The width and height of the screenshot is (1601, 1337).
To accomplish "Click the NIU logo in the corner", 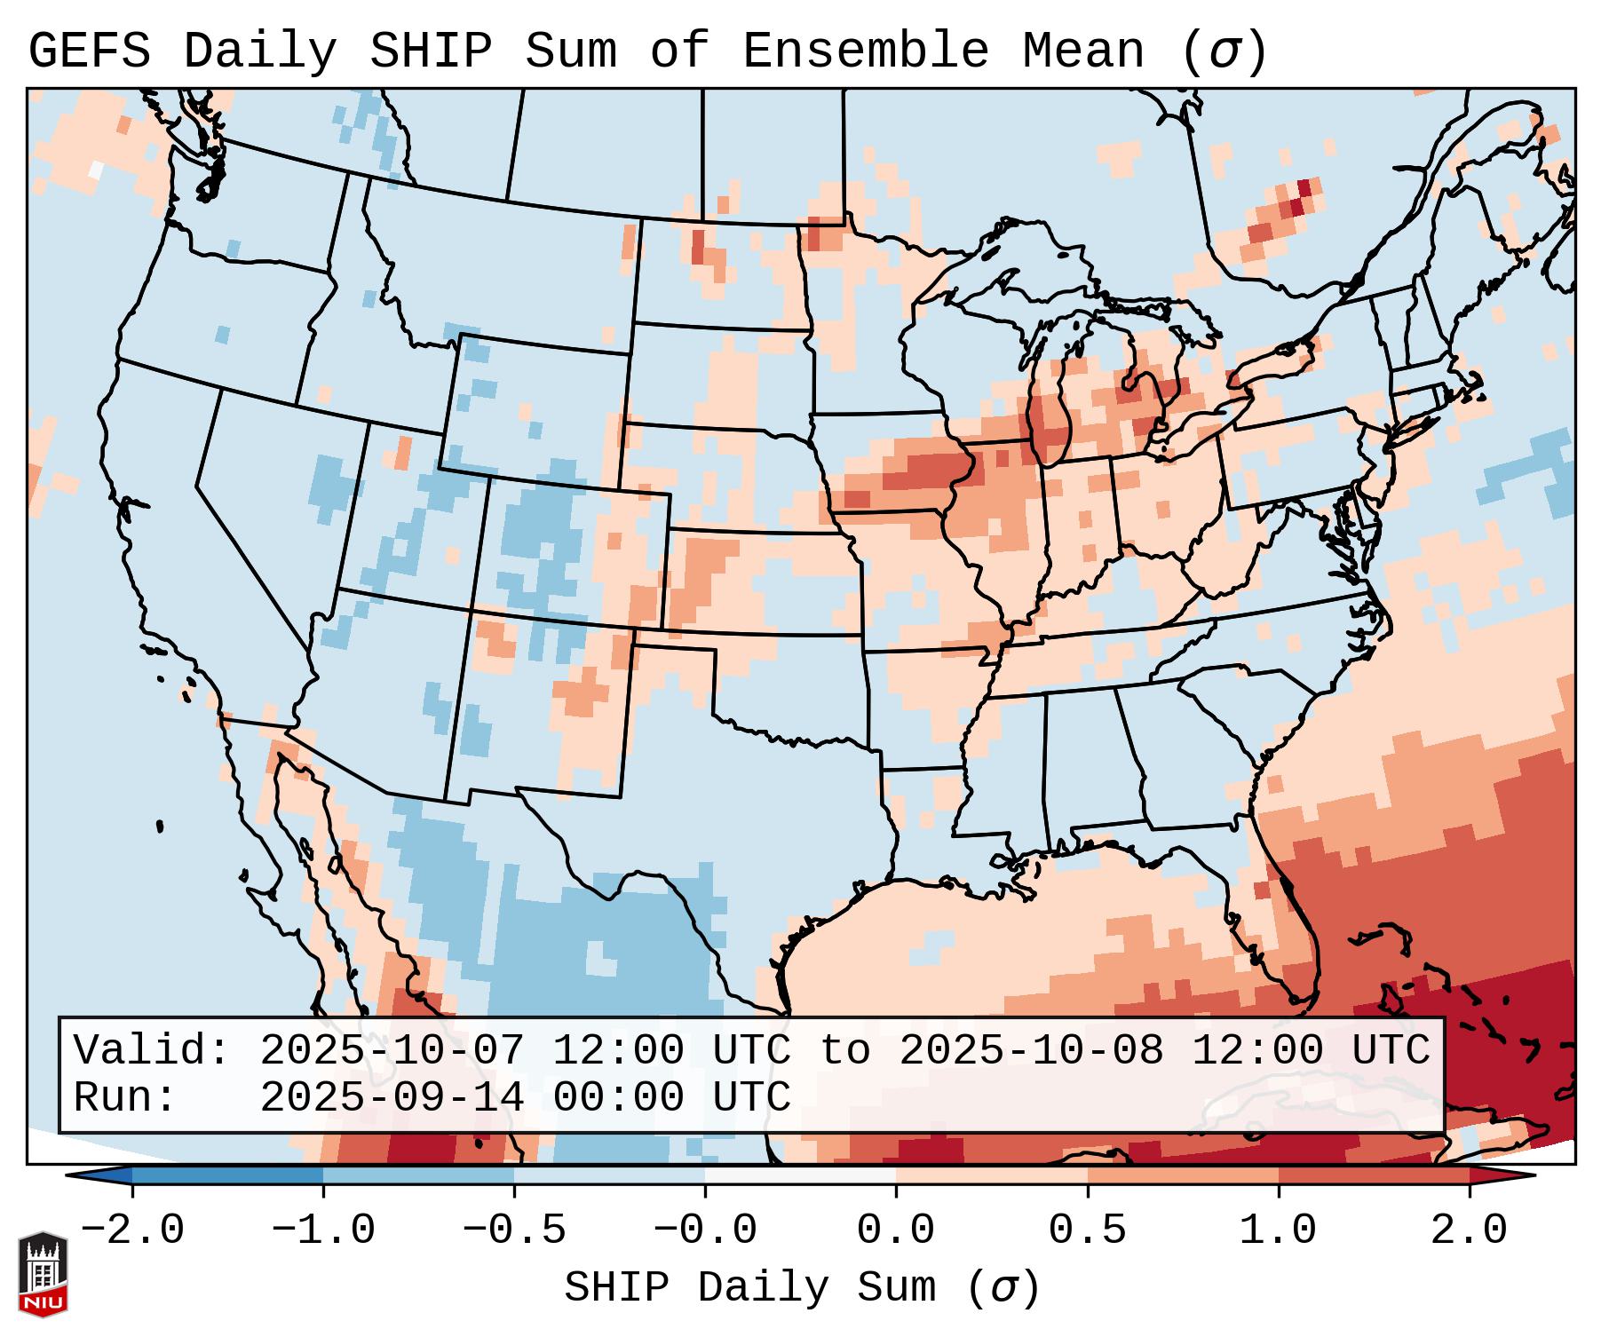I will point(43,1274).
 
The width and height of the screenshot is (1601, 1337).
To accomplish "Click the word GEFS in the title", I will point(89,51).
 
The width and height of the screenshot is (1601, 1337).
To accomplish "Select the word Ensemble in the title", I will point(865,51).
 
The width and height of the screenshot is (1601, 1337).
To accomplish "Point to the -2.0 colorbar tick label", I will point(132,1230).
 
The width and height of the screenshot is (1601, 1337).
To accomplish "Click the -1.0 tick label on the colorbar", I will point(323,1230).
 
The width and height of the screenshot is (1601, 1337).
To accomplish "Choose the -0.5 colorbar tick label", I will point(514,1230).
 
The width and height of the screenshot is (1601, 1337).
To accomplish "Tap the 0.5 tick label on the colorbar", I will point(1087,1230).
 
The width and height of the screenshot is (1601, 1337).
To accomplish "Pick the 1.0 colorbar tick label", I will point(1278,1230).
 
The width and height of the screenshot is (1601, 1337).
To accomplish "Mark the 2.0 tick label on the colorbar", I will point(1469,1230).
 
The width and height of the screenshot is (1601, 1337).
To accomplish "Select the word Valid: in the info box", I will point(152,1050).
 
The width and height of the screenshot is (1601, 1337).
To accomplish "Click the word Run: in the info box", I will point(125,1097).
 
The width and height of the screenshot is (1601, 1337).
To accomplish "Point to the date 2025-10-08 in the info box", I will point(1031,1050).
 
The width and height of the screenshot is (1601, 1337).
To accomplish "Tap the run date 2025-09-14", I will point(392,1097).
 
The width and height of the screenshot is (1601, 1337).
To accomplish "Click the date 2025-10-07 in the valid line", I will point(392,1050).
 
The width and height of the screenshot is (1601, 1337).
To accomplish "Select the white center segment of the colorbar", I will point(800,1175).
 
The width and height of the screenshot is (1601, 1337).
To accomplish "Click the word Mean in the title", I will point(1083,51).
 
